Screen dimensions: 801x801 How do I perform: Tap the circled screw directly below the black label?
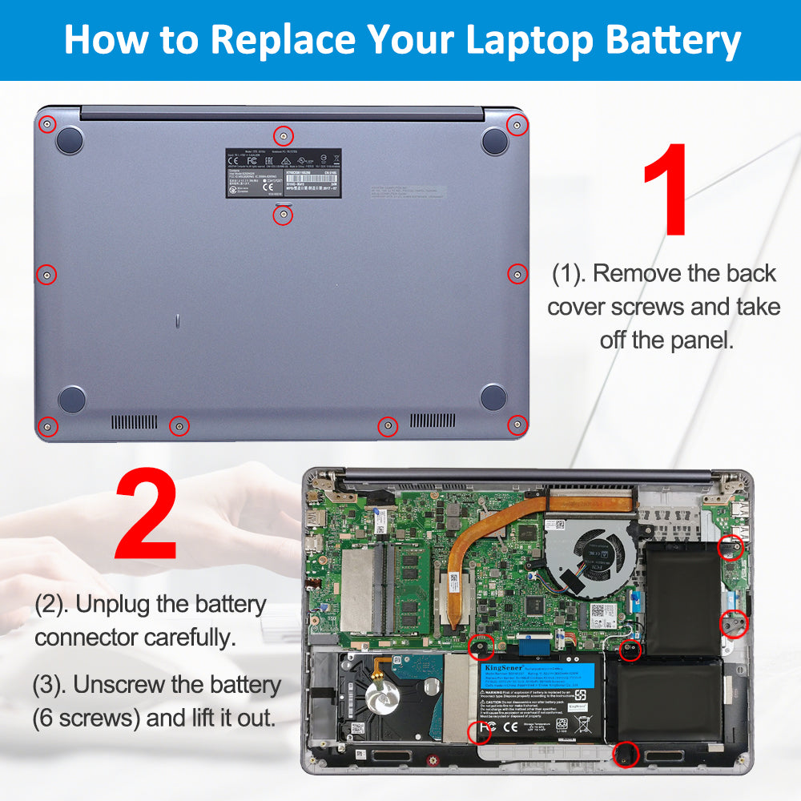283,215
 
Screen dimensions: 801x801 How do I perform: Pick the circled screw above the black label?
282,135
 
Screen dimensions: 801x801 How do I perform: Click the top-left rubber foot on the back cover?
70,140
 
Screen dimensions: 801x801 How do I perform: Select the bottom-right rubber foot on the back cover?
493,396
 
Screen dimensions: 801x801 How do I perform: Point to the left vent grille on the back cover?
134,421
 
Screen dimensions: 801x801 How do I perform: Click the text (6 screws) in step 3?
87,717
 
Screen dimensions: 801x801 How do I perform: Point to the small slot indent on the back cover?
177,322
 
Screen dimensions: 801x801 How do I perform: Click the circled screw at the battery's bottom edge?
626,753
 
